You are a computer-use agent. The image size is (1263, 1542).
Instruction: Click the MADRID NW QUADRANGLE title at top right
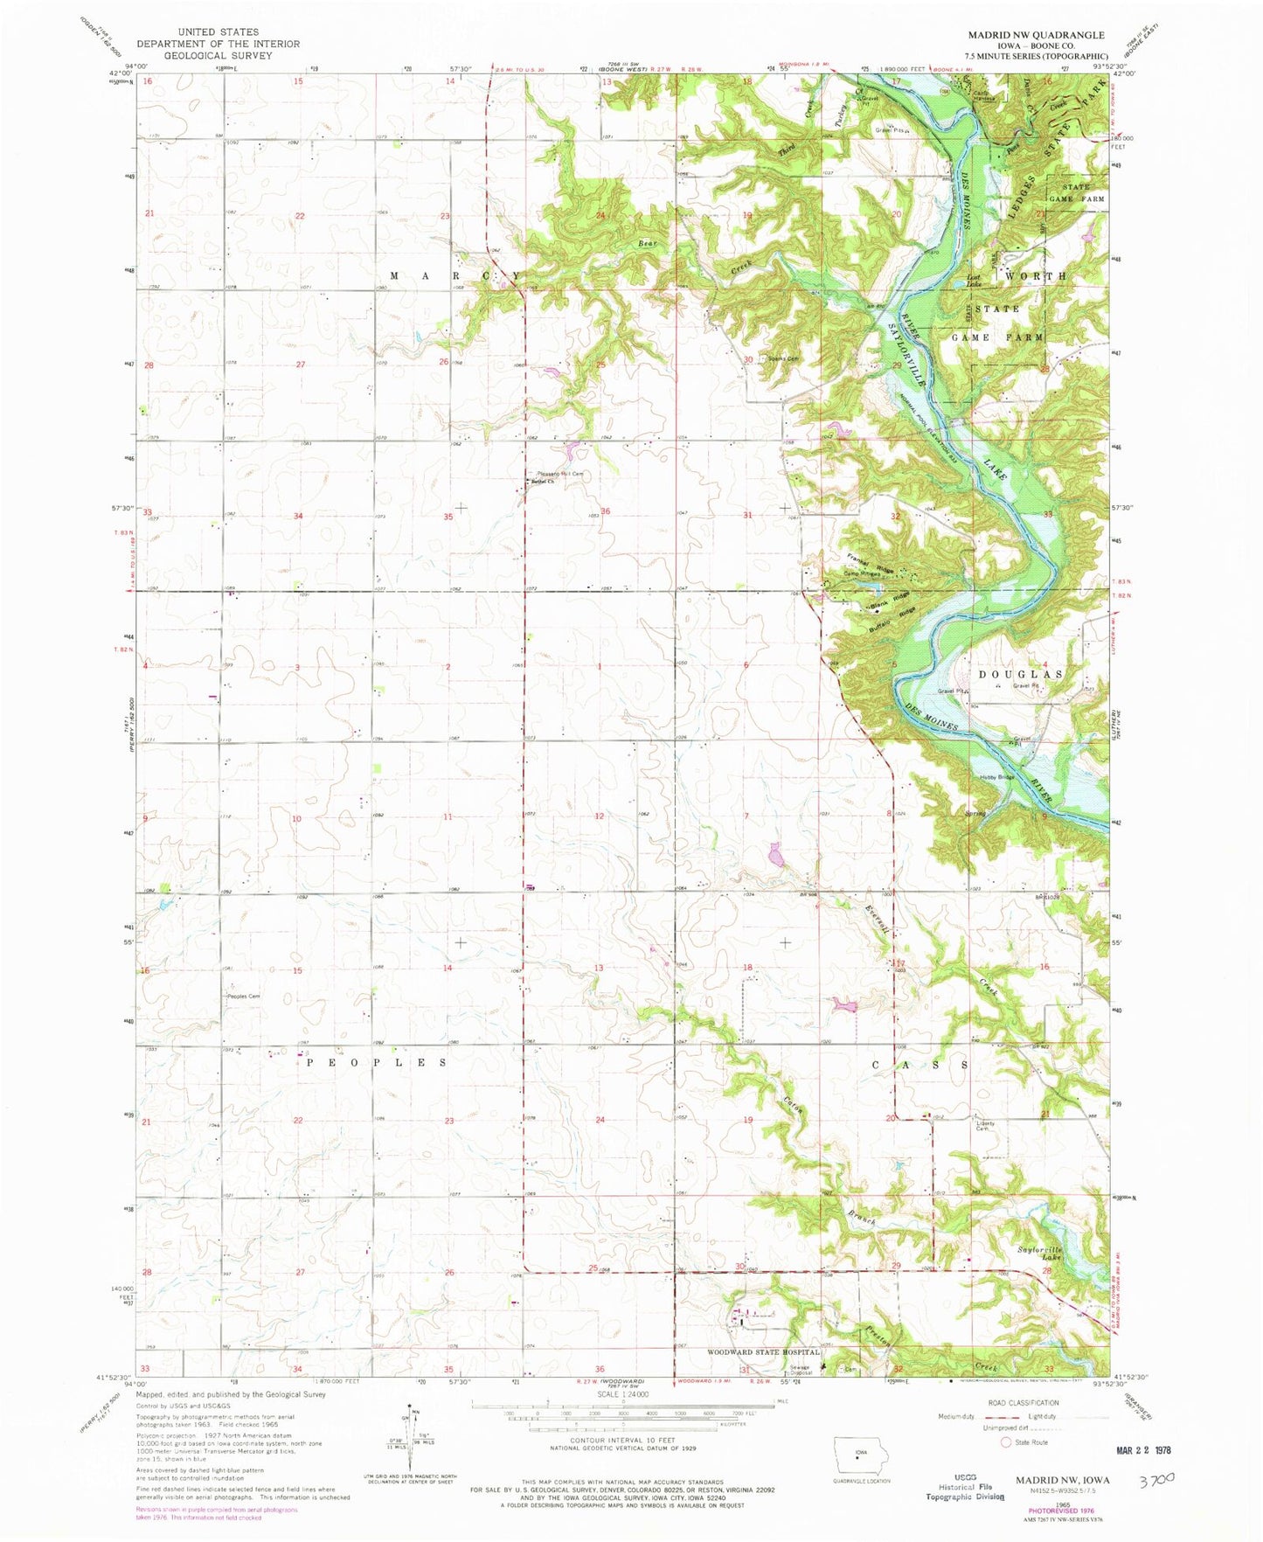tap(1036, 35)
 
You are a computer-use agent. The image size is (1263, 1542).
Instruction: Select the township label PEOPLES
tap(377, 1063)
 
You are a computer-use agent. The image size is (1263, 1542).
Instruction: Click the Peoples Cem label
tap(244, 997)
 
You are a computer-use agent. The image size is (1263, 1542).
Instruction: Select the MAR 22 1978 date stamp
tap(1135, 1449)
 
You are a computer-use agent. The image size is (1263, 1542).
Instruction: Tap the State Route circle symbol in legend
tap(1006, 1442)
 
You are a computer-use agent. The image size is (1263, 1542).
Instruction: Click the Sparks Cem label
tap(782, 358)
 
